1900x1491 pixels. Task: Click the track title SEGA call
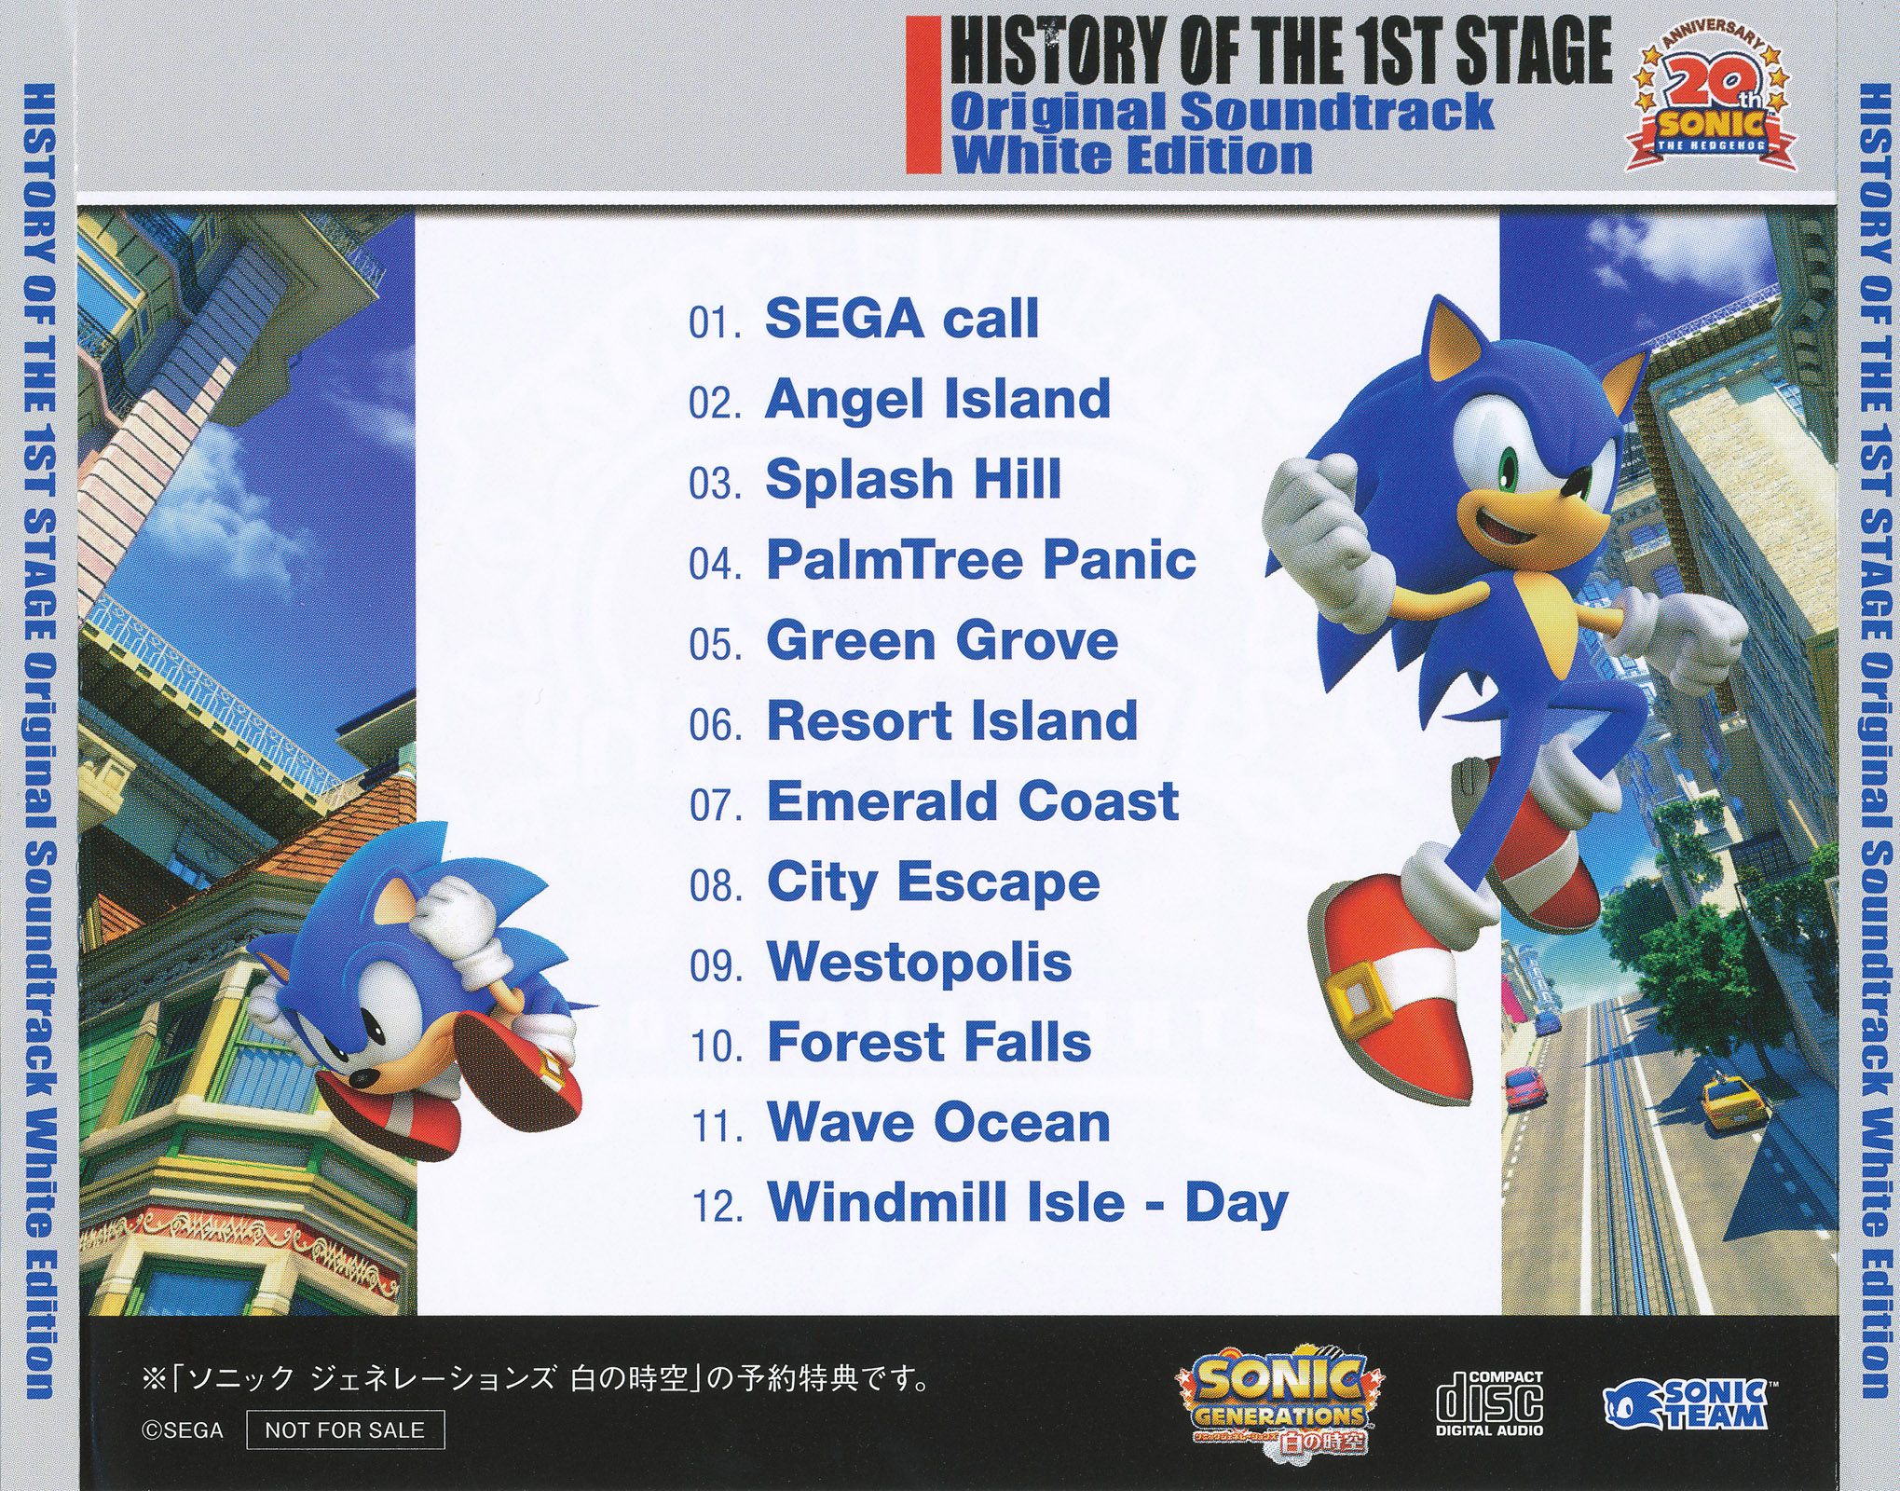point(901,319)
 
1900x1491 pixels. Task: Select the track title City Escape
point(933,882)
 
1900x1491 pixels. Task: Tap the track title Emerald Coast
point(973,801)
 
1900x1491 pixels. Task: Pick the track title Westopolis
point(919,964)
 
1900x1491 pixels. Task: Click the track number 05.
point(715,645)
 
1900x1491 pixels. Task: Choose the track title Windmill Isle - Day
point(1028,1203)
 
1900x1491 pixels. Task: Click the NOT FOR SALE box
point(345,1429)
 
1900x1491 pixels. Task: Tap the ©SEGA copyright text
point(183,1430)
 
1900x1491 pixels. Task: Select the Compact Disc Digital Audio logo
point(1489,1402)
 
